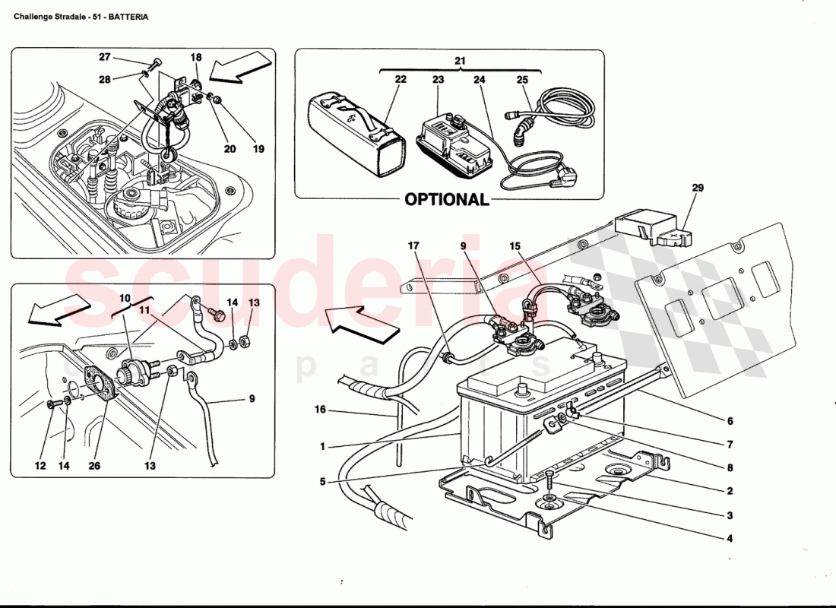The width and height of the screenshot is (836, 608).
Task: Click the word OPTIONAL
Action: (x=446, y=199)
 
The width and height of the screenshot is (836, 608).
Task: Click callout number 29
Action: (x=698, y=187)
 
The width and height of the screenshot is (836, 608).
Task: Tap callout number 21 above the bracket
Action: (x=460, y=61)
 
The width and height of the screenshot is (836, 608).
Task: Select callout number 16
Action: (x=320, y=410)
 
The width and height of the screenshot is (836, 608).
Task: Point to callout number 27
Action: (x=105, y=57)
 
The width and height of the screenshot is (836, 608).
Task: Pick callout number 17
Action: (x=413, y=246)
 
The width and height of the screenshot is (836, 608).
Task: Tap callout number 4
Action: (x=729, y=539)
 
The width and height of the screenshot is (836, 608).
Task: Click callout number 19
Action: (x=258, y=149)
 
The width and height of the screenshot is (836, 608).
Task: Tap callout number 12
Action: (x=40, y=466)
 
